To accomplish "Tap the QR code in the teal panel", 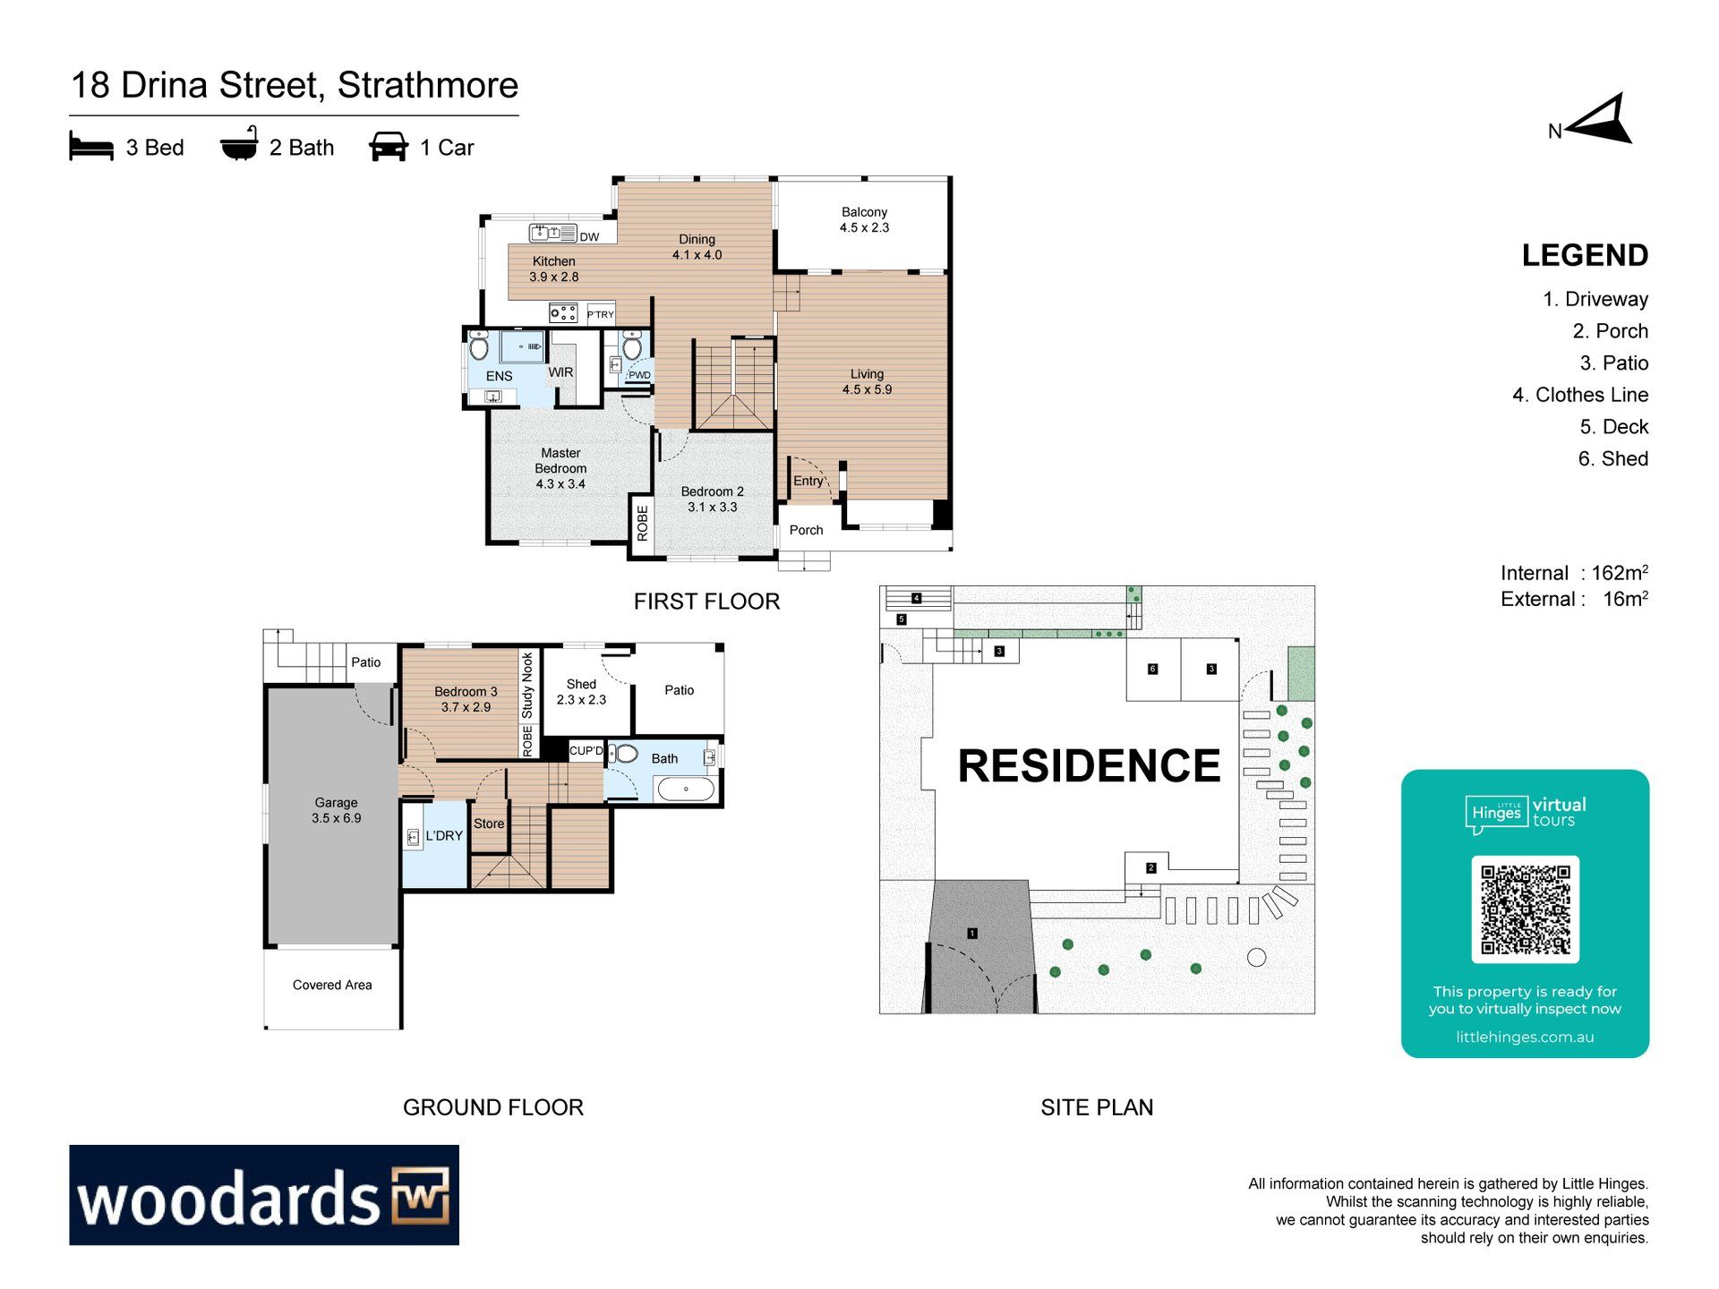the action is [x=1525, y=909].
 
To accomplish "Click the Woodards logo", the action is [x=264, y=1195].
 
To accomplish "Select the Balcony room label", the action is [x=864, y=212].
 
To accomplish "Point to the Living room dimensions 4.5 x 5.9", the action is [x=867, y=389].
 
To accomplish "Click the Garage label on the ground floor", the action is [x=336, y=803].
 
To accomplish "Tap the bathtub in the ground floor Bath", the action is [x=686, y=789].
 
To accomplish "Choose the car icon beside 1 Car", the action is [x=389, y=147].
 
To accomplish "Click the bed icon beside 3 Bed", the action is [x=91, y=146].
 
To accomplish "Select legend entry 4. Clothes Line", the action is [x=1580, y=395].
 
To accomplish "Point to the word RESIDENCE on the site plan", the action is [x=1089, y=766].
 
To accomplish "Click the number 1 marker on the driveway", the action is [x=972, y=934].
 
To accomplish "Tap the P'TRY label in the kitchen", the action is [x=601, y=314].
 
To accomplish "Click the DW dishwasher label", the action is [x=589, y=237].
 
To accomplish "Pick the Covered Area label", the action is [x=332, y=985].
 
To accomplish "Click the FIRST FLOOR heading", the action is [x=706, y=602].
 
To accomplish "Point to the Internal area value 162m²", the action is [x=1620, y=573].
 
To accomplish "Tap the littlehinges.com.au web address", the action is [x=1525, y=1037].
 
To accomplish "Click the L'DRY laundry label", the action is [x=444, y=836].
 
